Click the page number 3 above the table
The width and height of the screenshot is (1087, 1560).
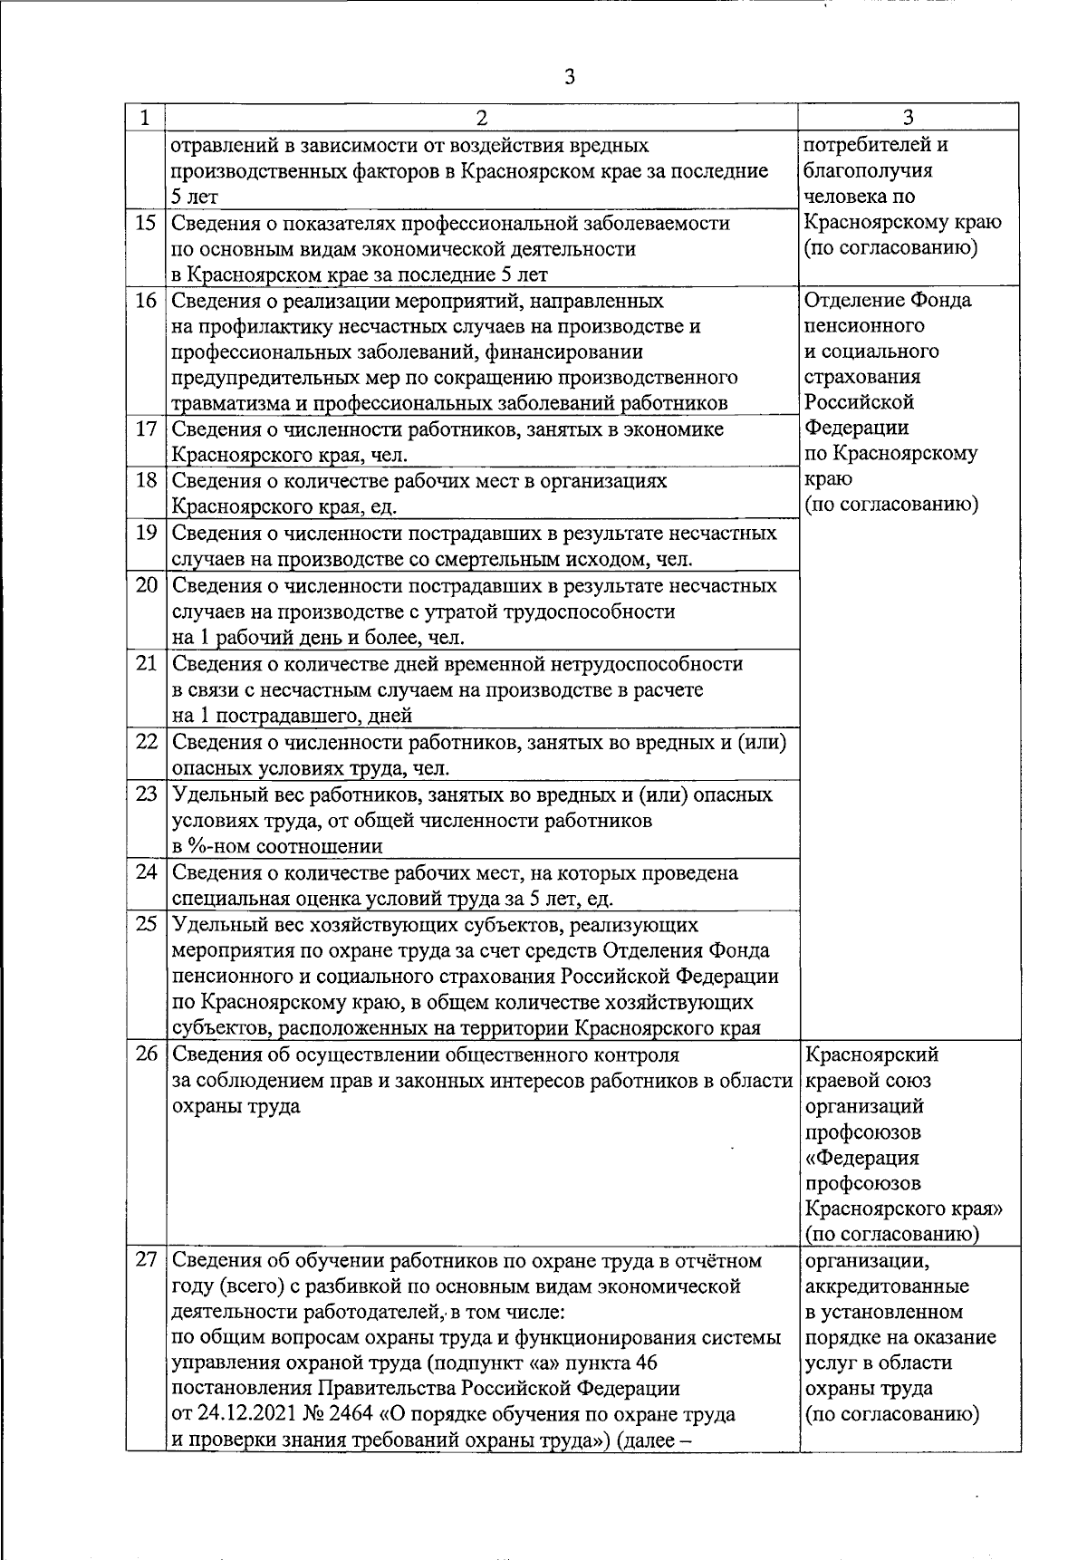click(569, 77)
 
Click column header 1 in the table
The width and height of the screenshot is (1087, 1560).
click(145, 118)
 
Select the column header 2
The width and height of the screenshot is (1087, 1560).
click(482, 118)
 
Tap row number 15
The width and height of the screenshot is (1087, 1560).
click(146, 223)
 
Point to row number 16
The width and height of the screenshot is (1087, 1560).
click(146, 301)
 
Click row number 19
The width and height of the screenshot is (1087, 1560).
click(146, 534)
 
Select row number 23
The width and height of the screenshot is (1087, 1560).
click(146, 794)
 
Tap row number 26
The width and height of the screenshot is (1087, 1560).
click(146, 1054)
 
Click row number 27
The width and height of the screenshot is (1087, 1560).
click(146, 1261)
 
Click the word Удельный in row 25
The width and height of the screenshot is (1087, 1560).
click(211, 925)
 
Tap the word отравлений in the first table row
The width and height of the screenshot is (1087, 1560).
click(224, 145)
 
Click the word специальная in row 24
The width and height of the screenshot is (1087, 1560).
click(226, 900)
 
